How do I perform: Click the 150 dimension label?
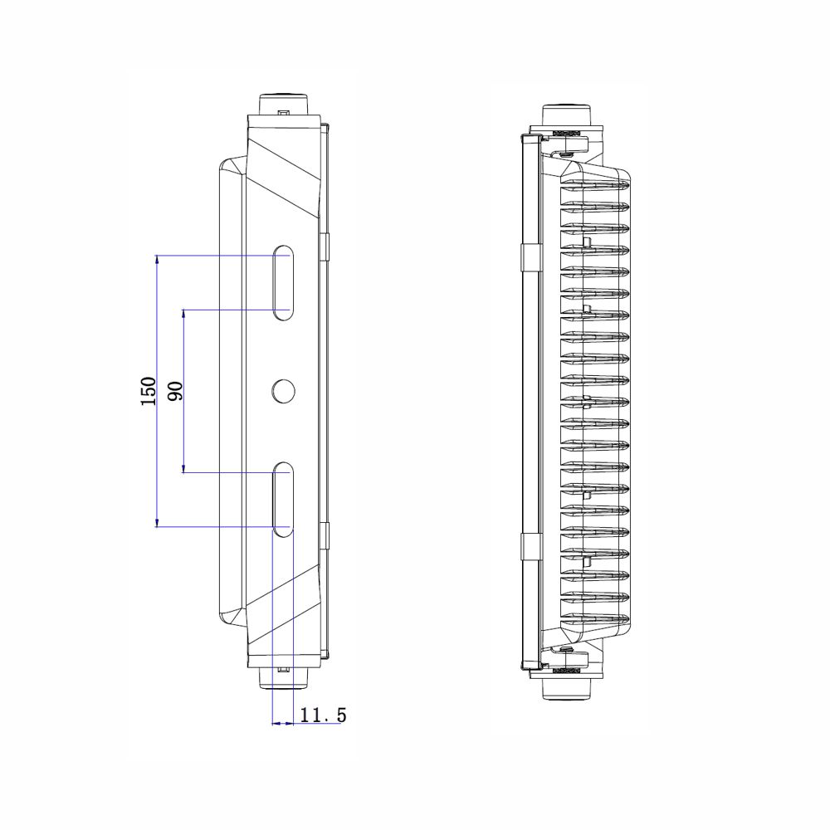149,391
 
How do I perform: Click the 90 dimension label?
175,391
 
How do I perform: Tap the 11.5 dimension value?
323,715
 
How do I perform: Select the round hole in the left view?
283,391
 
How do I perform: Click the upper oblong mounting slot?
283,283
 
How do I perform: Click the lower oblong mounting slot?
283,499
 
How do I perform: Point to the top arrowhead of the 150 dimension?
157,259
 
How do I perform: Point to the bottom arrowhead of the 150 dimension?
157,523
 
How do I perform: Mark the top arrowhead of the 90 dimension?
183,314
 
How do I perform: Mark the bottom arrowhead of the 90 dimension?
183,468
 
